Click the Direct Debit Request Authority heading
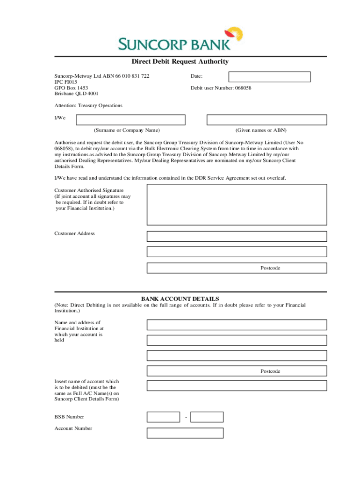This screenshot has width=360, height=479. click(x=180, y=62)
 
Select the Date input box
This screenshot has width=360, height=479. click(x=269, y=77)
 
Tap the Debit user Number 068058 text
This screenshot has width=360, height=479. click(x=221, y=87)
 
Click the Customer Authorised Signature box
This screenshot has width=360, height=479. click(x=237, y=205)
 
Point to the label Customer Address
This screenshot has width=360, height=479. click(x=74, y=233)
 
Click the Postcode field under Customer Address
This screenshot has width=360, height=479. click(x=237, y=268)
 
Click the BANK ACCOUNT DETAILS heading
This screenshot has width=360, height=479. click(x=180, y=299)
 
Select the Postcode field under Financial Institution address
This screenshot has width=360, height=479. click(x=237, y=371)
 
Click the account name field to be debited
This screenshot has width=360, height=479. click(x=237, y=385)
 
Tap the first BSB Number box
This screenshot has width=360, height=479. click(x=163, y=417)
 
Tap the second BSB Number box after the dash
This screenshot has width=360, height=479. click(x=207, y=417)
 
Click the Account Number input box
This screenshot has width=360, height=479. click(x=185, y=433)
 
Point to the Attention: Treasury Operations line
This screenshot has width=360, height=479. click(x=88, y=106)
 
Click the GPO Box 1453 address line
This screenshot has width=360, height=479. click(x=71, y=87)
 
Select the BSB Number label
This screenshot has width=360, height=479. click(x=69, y=417)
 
